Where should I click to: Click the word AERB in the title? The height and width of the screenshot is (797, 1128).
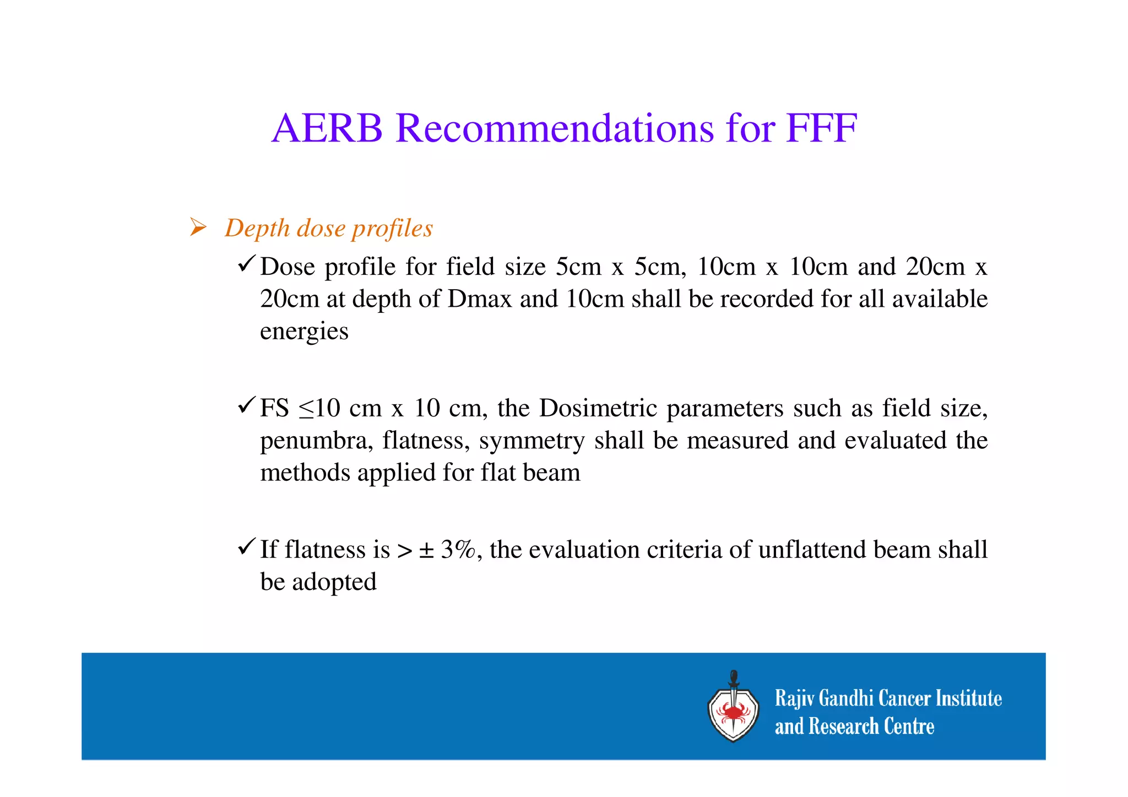pos(327,128)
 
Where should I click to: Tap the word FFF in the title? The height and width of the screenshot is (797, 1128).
pos(821,128)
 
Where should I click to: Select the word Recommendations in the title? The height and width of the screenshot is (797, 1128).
pos(554,128)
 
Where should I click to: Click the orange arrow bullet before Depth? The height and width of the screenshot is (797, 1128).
pos(198,227)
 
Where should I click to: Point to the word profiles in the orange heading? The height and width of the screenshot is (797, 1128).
pos(392,229)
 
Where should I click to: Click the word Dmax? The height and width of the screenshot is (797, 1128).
pos(480,299)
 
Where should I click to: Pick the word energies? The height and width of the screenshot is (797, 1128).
pos(304,332)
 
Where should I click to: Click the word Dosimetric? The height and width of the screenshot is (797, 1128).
pos(598,408)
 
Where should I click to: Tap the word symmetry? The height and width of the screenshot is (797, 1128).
pos(532,441)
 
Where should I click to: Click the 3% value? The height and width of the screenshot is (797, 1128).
pos(458,549)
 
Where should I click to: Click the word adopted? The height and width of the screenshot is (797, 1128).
pos(334,582)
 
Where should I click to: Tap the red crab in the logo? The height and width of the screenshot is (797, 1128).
pos(733,713)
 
